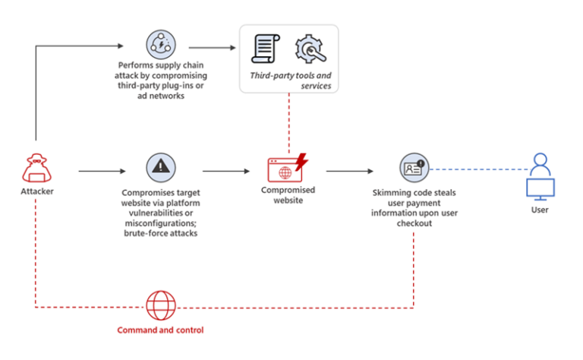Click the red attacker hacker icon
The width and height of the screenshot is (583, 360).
36,167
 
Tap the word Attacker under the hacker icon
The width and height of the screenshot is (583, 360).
36,191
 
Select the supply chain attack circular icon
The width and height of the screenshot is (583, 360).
160,46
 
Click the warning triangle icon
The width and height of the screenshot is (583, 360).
160,167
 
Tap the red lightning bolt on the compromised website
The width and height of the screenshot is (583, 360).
301,162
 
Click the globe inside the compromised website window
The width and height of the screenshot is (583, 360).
284,172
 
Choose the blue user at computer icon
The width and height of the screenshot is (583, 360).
540,175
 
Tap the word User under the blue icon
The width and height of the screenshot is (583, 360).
539,210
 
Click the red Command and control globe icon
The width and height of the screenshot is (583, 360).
160,307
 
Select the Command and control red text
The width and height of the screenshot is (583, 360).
160,330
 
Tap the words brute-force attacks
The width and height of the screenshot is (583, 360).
160,234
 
